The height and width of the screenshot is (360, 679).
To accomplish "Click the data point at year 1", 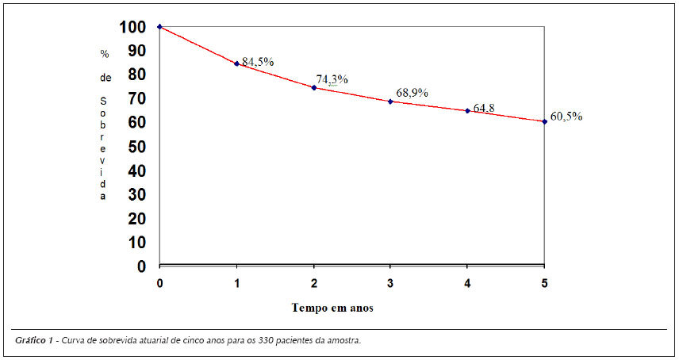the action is (236, 63).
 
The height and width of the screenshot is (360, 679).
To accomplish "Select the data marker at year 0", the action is (159, 27).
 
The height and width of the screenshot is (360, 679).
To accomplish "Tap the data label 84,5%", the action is (258, 62).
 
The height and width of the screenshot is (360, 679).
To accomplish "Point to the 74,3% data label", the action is (332, 79).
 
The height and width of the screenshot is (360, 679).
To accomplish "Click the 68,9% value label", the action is (412, 93).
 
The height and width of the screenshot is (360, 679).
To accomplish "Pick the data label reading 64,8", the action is (484, 108).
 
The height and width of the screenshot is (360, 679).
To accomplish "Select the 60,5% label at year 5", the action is (566, 117).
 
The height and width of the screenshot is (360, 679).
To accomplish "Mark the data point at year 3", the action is (390, 101).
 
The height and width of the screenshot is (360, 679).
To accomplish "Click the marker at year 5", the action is (544, 121).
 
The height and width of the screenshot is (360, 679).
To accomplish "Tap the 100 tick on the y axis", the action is (132, 27).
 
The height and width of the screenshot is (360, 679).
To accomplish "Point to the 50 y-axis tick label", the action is (137, 147).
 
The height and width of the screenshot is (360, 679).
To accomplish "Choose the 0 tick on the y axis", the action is (142, 266).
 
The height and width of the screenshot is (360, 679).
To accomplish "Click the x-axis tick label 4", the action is (467, 283).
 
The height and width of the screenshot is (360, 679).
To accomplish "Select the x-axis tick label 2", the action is (314, 283).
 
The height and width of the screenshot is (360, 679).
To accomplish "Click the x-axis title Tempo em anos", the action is (332, 308).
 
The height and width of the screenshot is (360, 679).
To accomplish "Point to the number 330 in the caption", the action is (266, 340).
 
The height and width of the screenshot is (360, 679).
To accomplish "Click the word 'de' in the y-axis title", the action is (105, 78).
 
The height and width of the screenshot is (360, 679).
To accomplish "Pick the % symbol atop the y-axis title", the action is (105, 54).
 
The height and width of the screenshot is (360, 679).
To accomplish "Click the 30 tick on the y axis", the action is (137, 195).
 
